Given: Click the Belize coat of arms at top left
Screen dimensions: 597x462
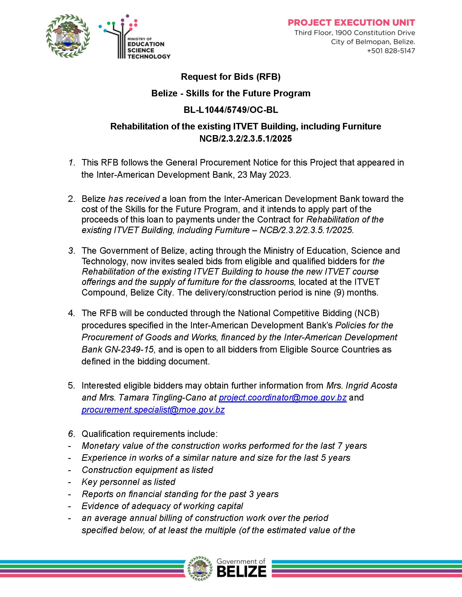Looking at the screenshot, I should (68, 36).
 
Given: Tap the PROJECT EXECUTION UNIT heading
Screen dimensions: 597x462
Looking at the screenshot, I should (351, 23).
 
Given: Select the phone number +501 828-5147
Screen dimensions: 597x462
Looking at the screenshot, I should (391, 51).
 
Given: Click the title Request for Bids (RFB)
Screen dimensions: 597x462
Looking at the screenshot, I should (231, 77).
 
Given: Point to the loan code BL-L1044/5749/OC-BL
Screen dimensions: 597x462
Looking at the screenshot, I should (231, 110).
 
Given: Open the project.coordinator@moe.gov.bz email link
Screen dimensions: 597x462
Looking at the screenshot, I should (283, 398).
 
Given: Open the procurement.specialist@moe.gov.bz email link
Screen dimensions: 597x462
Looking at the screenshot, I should (153, 410).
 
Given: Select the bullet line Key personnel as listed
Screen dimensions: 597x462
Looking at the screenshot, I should (128, 482).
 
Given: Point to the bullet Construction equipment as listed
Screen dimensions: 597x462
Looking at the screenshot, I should (147, 470).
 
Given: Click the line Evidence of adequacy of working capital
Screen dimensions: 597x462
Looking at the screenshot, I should (162, 506).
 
